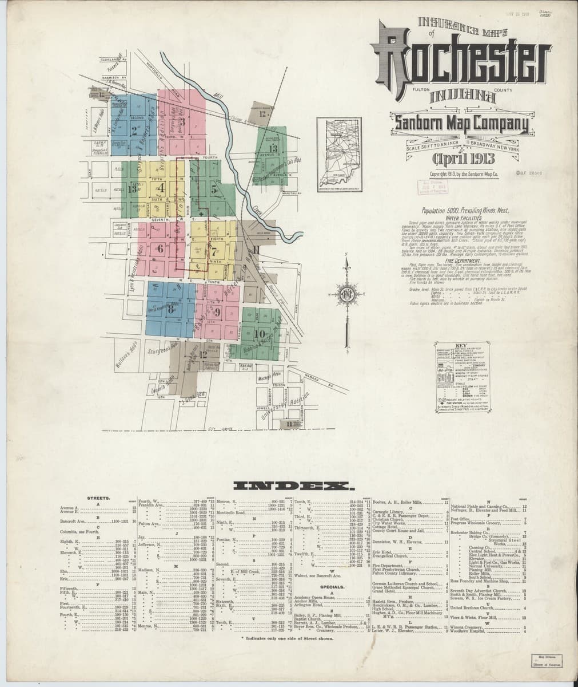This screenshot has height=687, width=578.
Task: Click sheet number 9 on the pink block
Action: (217, 311)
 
